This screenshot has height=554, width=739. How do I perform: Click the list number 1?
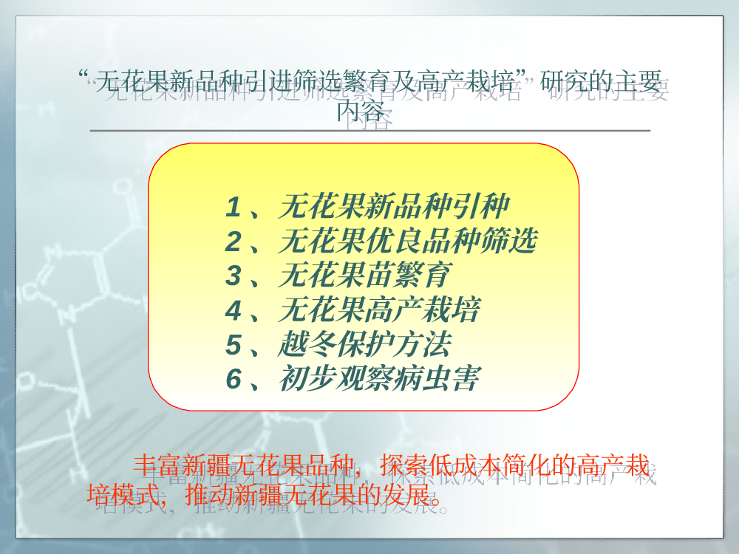pos(234,208)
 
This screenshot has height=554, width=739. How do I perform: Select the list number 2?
pos(234,242)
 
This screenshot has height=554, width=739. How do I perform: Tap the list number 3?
pos(234,276)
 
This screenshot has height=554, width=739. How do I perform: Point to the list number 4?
pos(234,310)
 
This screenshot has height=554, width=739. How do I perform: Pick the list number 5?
pos(234,345)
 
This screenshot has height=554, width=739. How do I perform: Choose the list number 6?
pos(234,379)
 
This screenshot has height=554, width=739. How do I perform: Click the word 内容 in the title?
pos(360,112)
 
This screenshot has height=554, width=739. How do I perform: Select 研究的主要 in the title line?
pos(601,81)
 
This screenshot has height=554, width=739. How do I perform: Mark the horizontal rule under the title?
pos(370,130)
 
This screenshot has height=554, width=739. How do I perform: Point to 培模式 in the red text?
pos(123,494)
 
